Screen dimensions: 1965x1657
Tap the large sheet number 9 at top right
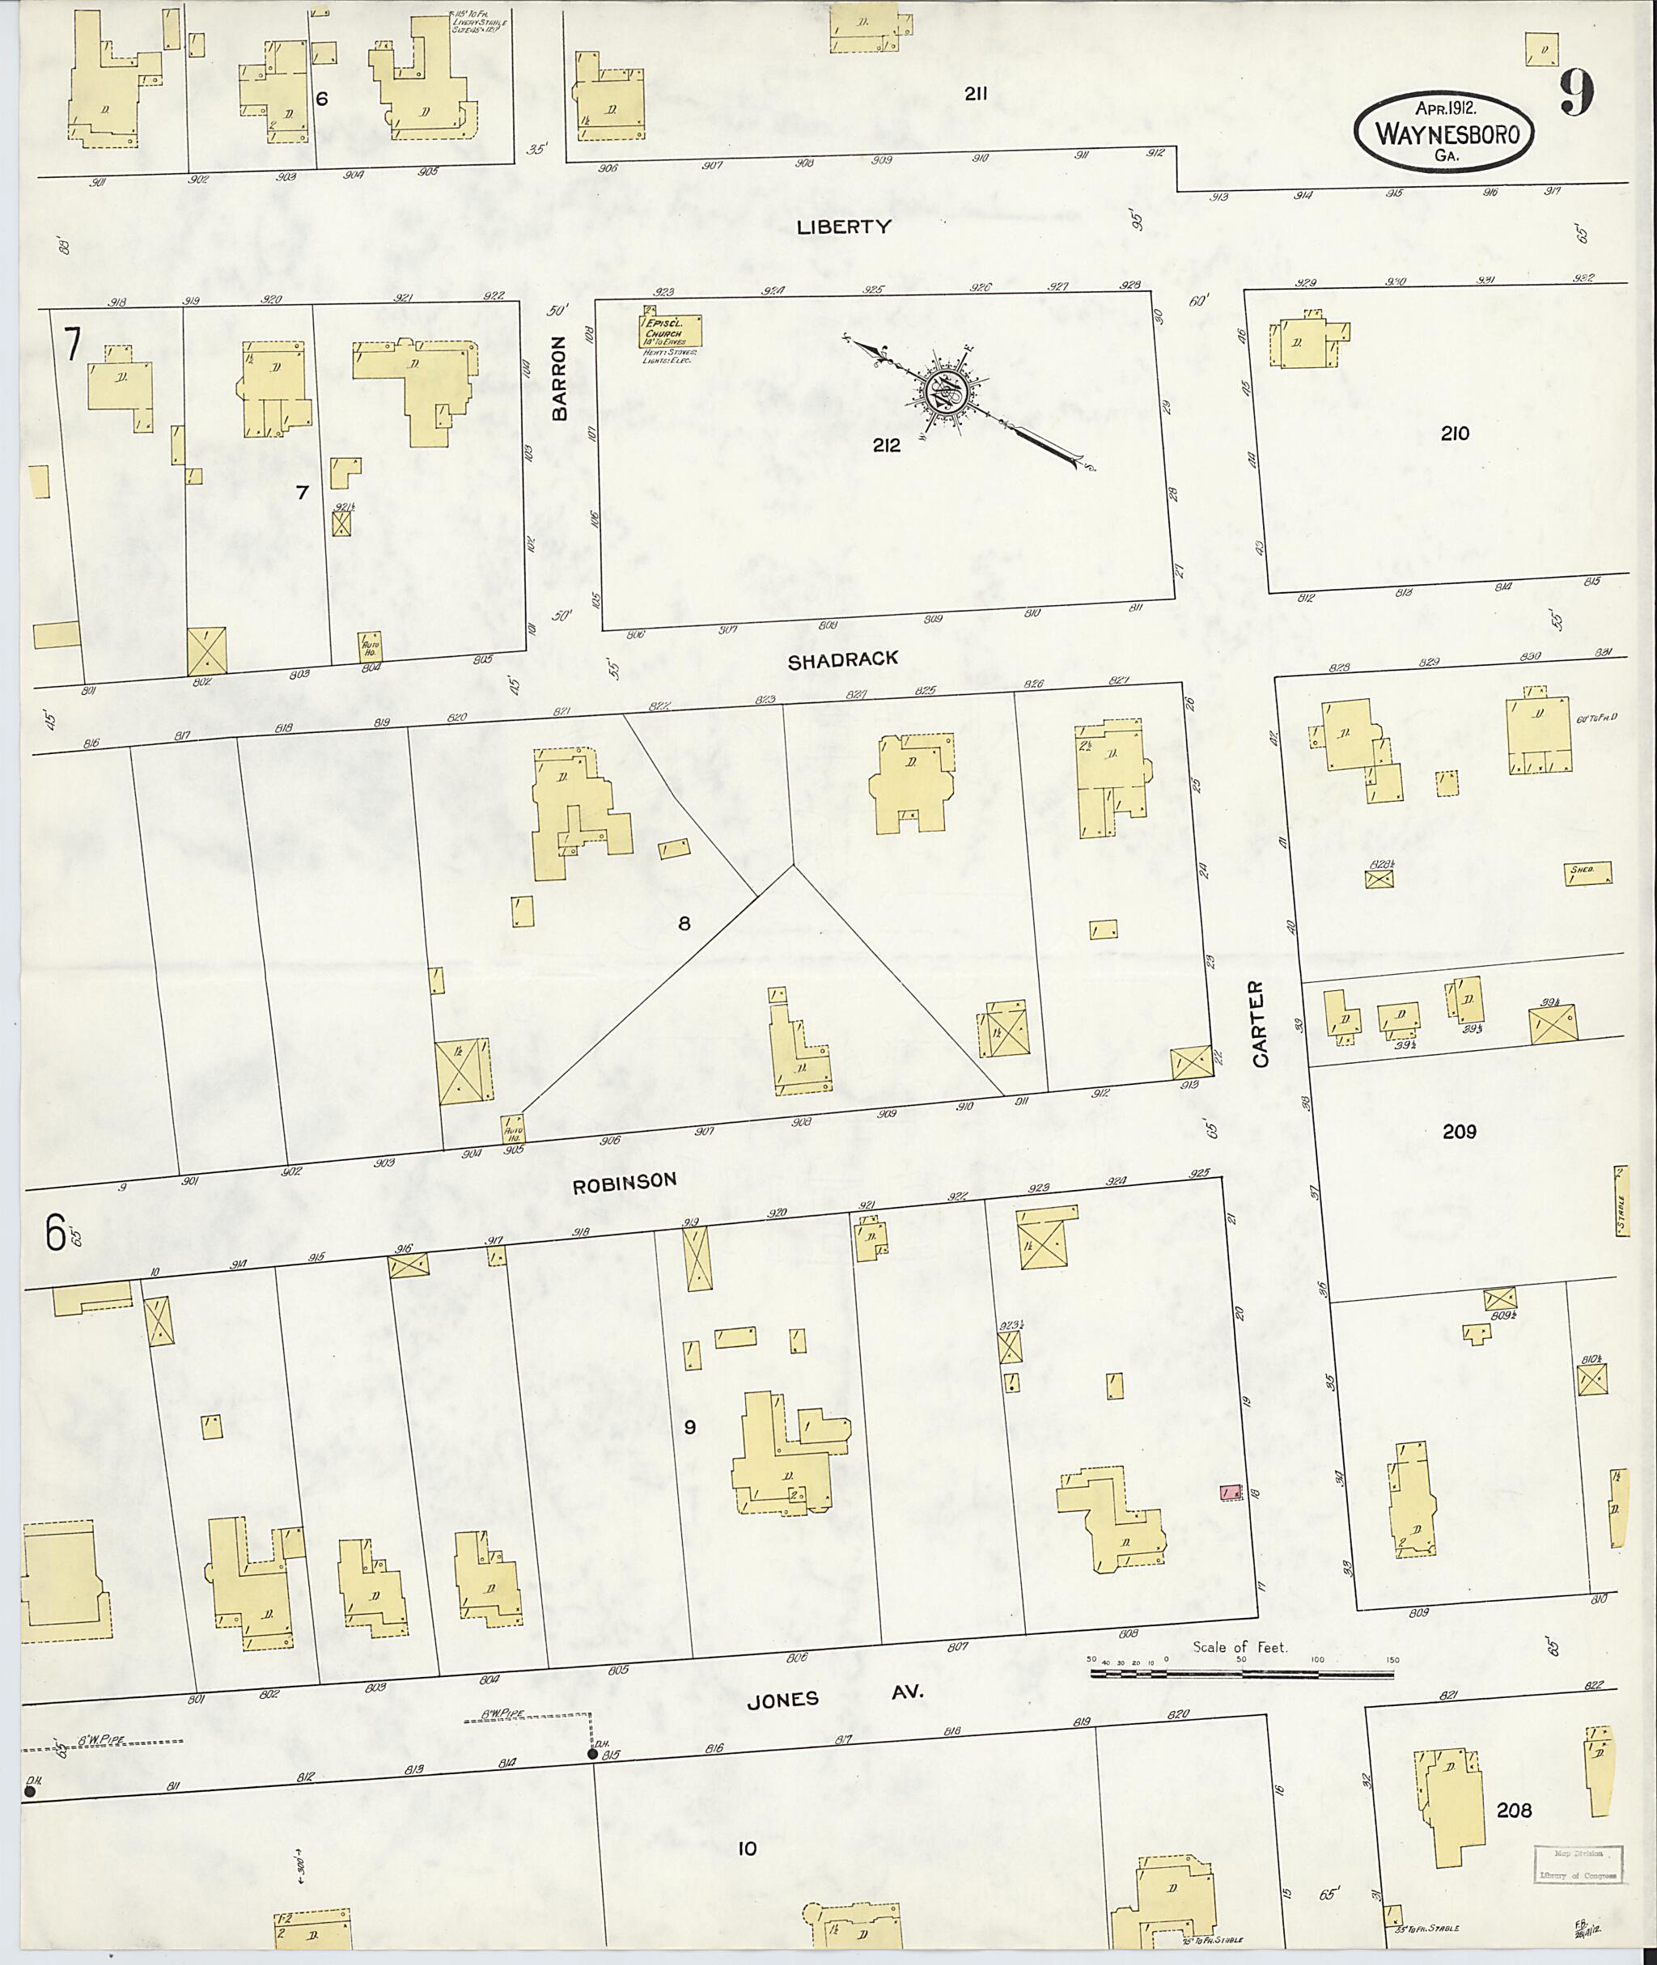click(x=1577, y=94)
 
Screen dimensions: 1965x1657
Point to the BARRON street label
click(x=561, y=378)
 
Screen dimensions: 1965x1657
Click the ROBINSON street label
click(x=625, y=1183)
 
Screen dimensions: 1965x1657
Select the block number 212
click(x=886, y=445)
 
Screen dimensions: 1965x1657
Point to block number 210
click(x=1454, y=433)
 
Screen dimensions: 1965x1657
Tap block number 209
click(x=1459, y=1132)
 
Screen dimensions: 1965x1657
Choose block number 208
click(x=1513, y=1810)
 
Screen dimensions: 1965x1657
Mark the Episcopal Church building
click(x=672, y=330)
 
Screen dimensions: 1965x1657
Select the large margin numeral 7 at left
click(x=72, y=344)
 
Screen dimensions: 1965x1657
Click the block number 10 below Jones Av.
click(x=747, y=1849)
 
